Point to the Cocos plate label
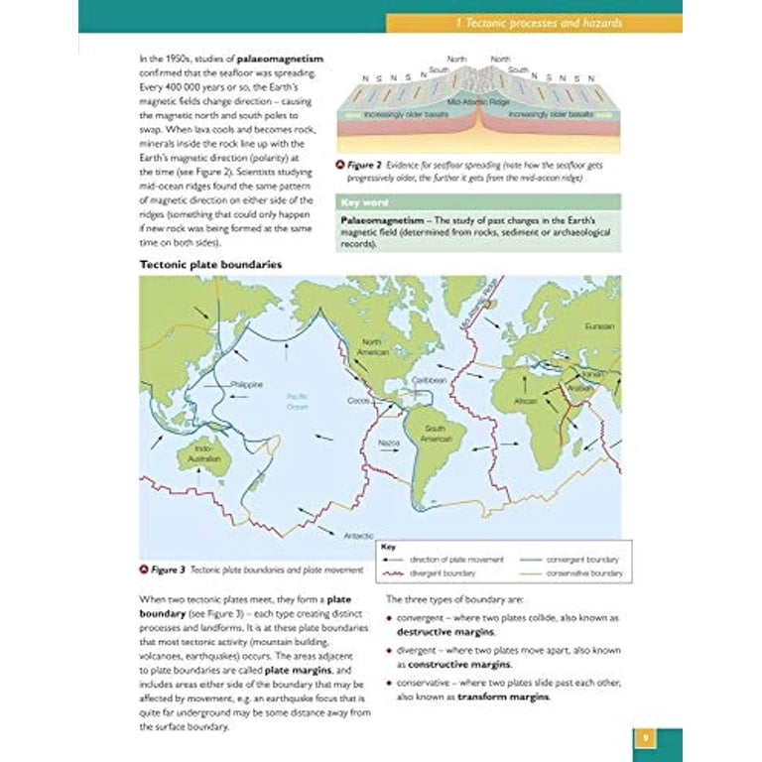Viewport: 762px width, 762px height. [358, 401]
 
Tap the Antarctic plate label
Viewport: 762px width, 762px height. [358, 535]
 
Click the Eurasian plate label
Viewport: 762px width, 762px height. [600, 326]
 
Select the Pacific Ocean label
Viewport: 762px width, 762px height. [298, 400]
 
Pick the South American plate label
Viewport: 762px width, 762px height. [437, 434]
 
